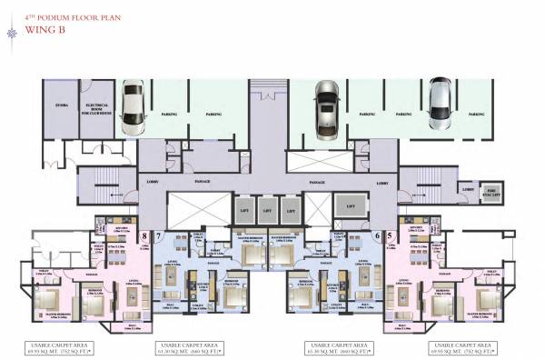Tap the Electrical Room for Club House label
(97, 108)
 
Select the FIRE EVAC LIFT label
(490, 190)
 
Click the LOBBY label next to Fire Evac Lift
(466, 189)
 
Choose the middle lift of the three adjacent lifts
(265, 210)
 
